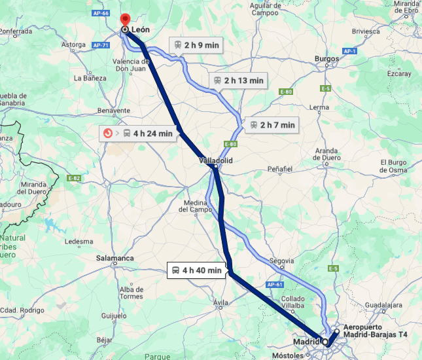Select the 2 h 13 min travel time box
tap(237, 81)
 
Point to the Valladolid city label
tap(216, 160)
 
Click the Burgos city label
tap(326, 59)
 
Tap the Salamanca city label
tap(115, 259)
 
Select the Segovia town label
tap(283, 259)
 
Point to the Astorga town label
tap(73, 45)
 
